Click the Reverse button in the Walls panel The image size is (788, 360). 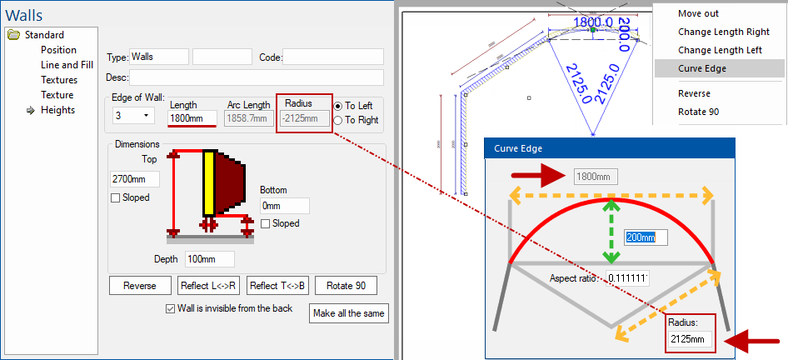tap(140, 285)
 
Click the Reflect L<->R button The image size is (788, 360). tap(208, 285)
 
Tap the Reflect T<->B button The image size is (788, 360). tap(278, 285)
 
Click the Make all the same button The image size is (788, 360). tap(348, 312)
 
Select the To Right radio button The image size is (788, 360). tap(338, 120)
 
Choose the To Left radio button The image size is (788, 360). tap(338, 106)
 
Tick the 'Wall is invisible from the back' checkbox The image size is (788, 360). tap(170, 308)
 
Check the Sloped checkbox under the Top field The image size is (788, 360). tap(116, 197)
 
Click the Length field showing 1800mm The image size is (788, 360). tap(192, 118)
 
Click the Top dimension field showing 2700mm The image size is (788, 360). tap(134, 179)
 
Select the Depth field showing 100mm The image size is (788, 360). tap(208, 259)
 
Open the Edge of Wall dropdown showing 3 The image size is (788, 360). tap(132, 114)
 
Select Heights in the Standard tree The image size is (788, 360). tap(57, 110)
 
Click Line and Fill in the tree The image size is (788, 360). tap(67, 65)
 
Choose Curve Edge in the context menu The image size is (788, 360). tap(702, 68)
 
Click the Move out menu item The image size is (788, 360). tap(698, 13)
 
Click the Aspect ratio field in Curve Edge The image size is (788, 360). tap(627, 277)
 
